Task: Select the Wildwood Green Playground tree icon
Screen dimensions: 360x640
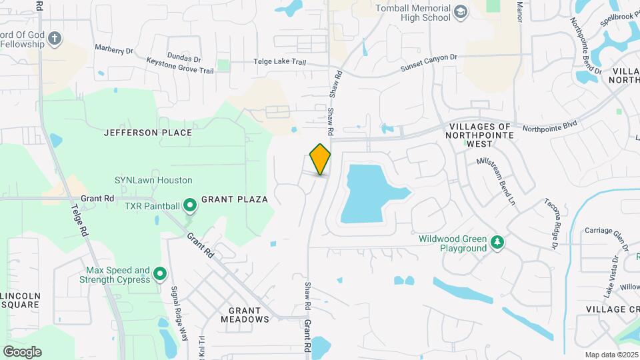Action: click(x=497, y=243)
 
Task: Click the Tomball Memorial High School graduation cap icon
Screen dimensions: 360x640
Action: click(x=461, y=12)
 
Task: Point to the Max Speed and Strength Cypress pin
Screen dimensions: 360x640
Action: click(x=160, y=274)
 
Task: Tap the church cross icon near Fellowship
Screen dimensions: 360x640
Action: click(x=55, y=39)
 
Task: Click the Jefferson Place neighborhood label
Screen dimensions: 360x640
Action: click(x=148, y=133)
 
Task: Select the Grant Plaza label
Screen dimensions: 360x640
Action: click(x=235, y=199)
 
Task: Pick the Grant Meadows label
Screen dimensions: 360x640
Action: click(x=249, y=315)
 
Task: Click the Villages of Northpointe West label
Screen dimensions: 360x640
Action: click(x=480, y=135)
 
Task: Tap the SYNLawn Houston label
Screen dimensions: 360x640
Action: click(x=153, y=180)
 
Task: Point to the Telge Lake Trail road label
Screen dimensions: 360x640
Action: click(x=279, y=62)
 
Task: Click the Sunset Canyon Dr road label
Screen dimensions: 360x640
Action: click(x=429, y=63)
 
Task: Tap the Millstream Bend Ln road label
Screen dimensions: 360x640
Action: click(x=497, y=181)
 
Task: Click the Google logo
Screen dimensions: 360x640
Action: click(x=22, y=352)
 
